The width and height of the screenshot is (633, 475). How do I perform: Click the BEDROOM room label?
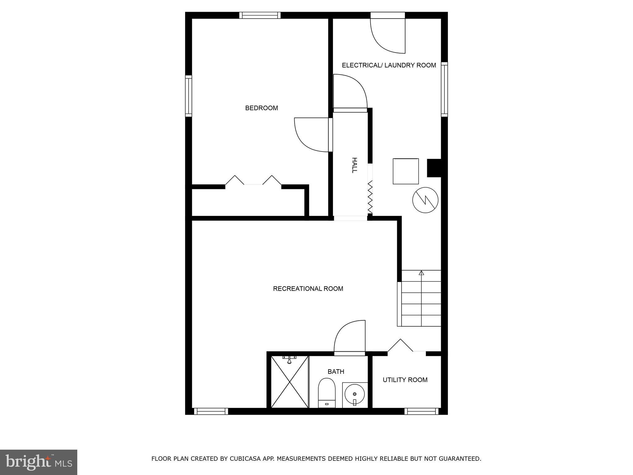(261, 108)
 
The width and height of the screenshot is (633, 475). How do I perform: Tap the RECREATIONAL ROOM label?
(308, 289)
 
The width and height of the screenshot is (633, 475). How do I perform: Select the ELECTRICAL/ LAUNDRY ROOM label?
(389, 65)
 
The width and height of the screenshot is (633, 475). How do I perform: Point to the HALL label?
(355, 165)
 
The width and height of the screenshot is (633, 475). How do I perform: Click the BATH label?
(336, 371)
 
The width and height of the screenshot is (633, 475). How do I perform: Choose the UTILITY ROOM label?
(405, 380)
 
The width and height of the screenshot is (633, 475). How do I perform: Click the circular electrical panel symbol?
(425, 200)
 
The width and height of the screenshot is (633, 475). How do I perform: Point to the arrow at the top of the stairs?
(421, 273)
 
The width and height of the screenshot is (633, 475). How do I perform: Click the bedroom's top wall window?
(260, 15)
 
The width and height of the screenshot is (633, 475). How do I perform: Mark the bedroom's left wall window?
(189, 96)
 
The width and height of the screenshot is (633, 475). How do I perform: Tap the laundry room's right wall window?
(444, 89)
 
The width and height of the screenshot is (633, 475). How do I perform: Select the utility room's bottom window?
(422, 411)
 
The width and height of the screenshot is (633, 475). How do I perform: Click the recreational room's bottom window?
(211, 411)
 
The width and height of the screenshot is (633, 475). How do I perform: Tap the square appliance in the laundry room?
(406, 171)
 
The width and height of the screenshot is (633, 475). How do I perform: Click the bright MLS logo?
(39, 462)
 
